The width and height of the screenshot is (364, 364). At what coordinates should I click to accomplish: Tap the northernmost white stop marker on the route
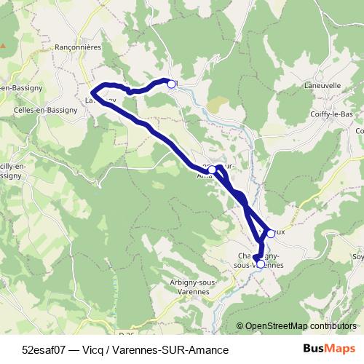(172, 84)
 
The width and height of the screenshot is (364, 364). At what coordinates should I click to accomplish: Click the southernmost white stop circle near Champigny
(261, 264)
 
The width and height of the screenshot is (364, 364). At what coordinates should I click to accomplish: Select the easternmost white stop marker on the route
(271, 233)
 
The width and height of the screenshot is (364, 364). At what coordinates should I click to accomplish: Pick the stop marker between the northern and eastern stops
(212, 170)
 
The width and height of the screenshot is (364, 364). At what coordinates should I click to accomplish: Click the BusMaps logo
(329, 349)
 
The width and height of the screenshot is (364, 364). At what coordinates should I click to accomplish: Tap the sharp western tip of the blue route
(93, 92)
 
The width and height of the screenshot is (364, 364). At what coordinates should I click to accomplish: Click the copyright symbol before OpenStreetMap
(240, 327)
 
